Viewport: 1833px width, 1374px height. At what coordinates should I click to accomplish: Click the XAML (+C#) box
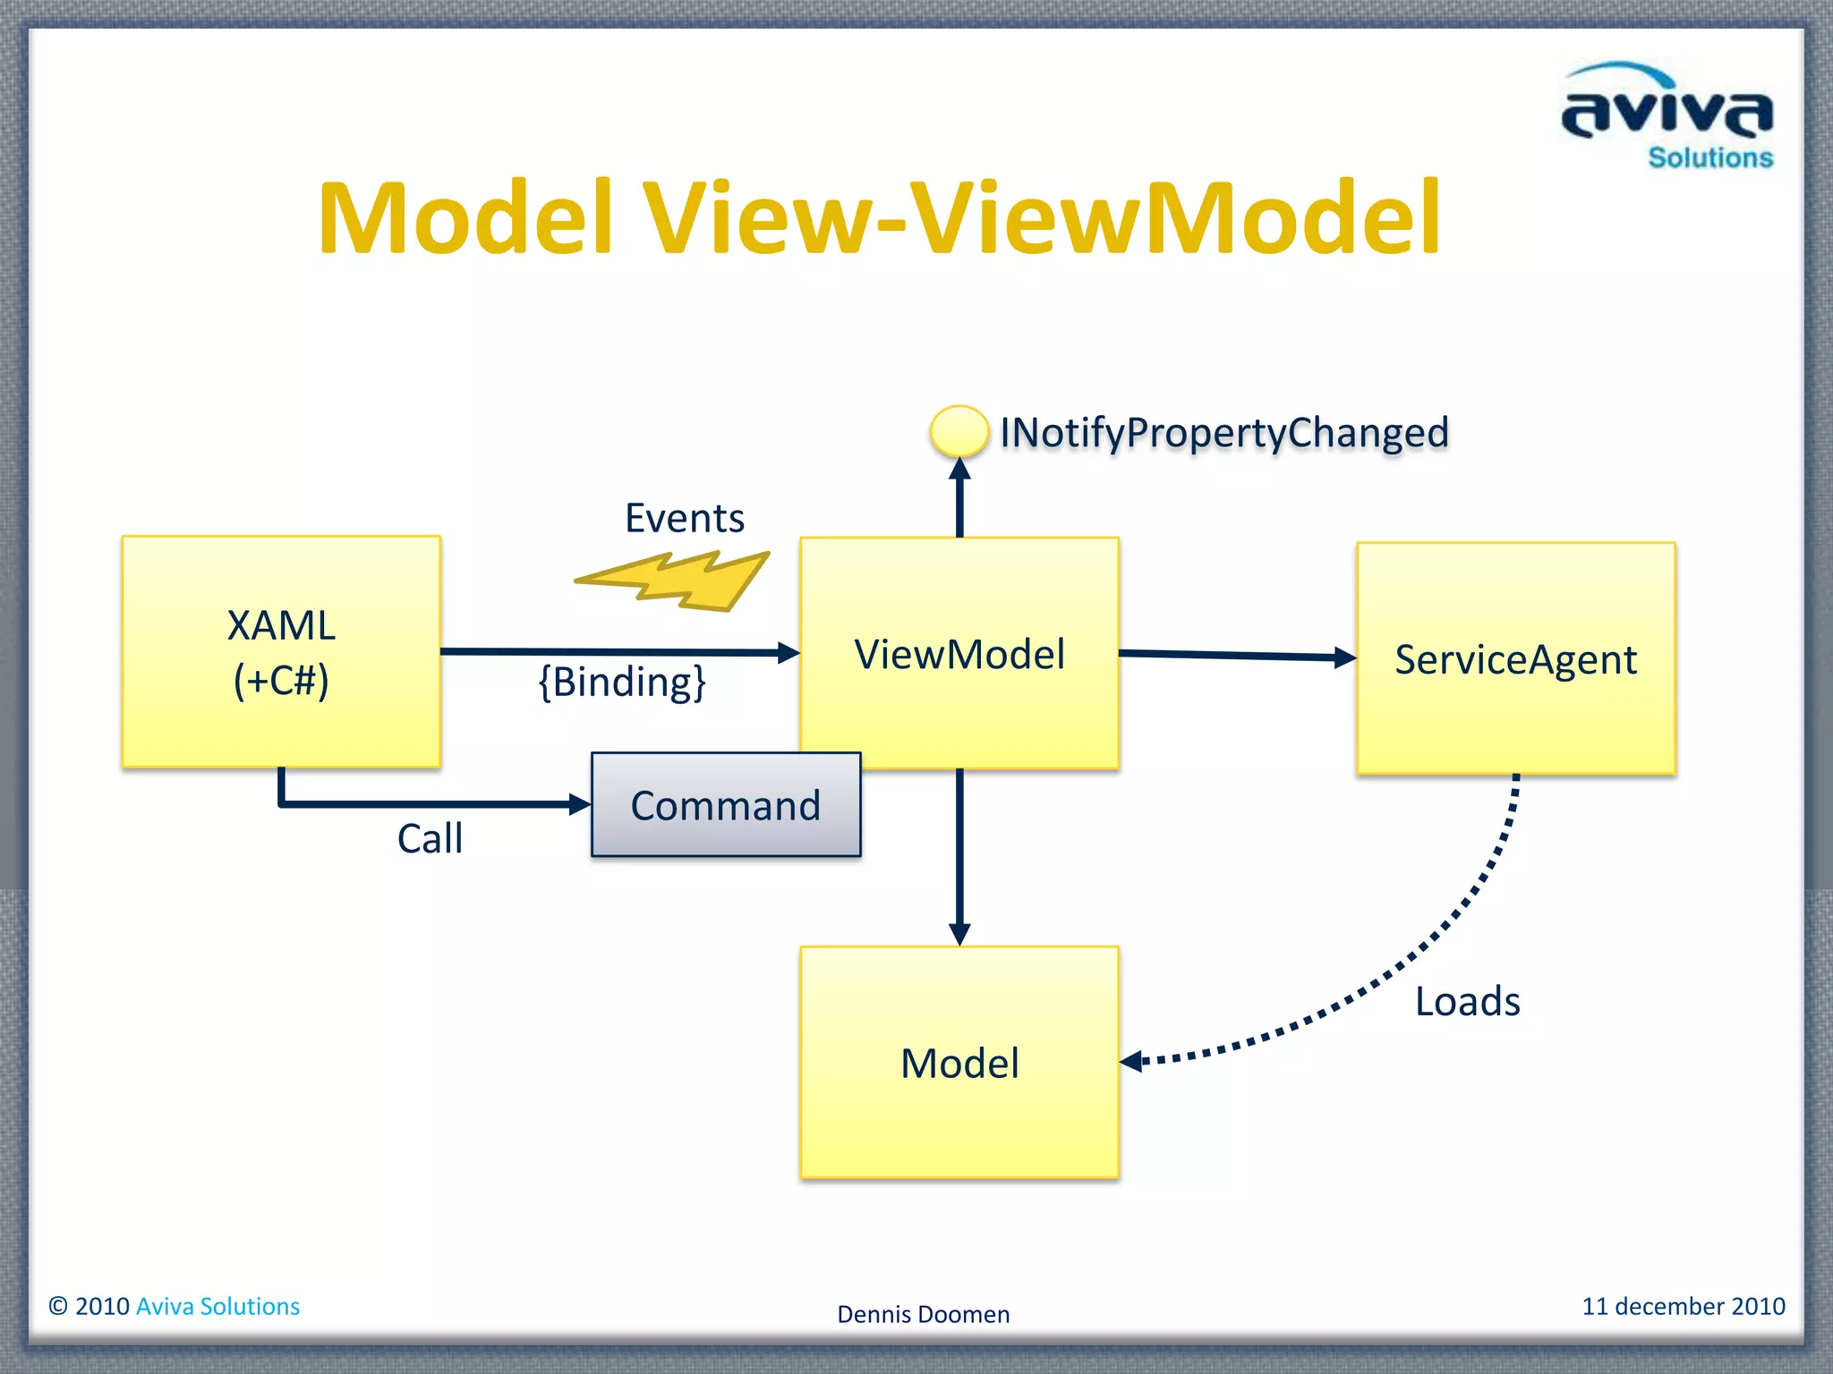tap(281, 652)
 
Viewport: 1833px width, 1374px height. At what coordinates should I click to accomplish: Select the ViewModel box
tap(959, 654)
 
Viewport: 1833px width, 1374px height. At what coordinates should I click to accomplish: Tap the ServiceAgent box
tap(1515, 659)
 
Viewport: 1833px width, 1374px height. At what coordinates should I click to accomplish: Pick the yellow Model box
tap(959, 1063)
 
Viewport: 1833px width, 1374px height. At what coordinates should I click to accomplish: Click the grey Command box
tap(726, 805)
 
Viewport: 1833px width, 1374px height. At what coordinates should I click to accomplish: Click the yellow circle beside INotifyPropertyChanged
tap(959, 431)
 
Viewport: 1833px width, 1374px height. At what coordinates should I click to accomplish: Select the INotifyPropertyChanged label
tap(1223, 433)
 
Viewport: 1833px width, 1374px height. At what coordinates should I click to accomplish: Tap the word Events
tap(685, 518)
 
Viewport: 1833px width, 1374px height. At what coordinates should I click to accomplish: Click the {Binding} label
tap(622, 682)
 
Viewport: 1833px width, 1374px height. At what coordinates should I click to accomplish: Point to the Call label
tap(430, 839)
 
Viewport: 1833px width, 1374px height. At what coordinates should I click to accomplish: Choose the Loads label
tap(1467, 1001)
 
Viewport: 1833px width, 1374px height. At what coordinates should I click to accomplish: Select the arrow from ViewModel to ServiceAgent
tap(1235, 656)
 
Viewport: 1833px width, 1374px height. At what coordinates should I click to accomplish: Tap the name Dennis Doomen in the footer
tap(923, 1314)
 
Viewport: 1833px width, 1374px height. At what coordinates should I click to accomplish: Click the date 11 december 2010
tap(1683, 1306)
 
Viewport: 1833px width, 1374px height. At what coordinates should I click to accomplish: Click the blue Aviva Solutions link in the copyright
tap(217, 1306)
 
